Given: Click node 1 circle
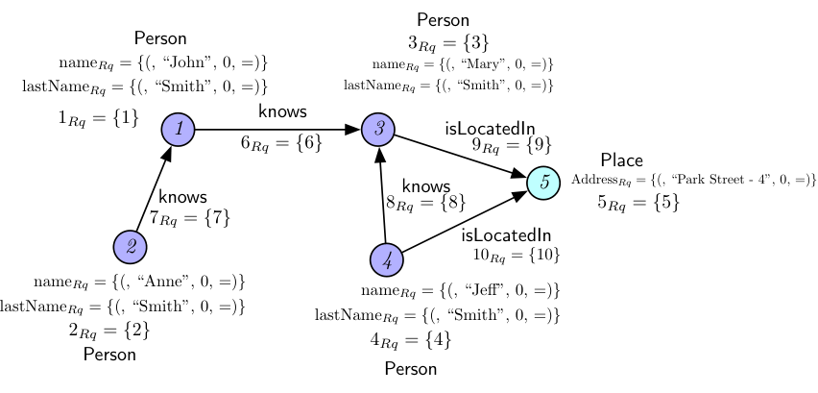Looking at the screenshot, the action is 178,130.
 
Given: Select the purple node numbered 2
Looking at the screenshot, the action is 130,247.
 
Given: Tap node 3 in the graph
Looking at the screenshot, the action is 378,130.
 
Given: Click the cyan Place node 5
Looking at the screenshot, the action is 543,183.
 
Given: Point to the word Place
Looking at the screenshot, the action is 621,160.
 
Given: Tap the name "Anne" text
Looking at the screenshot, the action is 167,282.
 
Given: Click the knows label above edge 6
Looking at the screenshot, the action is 282,111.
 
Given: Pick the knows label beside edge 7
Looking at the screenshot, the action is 182,197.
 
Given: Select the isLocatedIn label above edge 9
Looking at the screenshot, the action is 490,128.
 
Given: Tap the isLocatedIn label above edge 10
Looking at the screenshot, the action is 506,235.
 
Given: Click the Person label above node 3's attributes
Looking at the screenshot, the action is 443,20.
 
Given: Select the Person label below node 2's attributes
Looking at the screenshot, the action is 109,355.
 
